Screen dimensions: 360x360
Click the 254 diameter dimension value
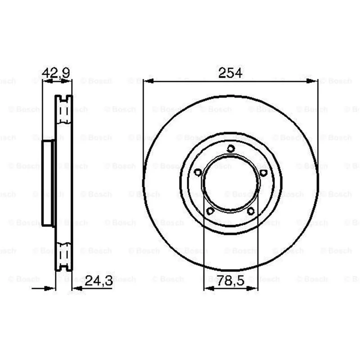[230, 73]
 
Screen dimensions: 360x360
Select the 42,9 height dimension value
[56, 73]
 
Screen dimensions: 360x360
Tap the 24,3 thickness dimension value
[99, 280]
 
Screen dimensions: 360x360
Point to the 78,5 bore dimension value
[230, 280]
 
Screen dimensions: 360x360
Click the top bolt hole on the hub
[230, 148]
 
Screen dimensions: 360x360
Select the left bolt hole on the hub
[198, 172]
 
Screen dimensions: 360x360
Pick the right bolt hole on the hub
[263, 173]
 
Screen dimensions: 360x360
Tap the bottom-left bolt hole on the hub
[210, 211]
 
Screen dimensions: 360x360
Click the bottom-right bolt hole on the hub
[251, 211]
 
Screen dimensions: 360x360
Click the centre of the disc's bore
[231, 183]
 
